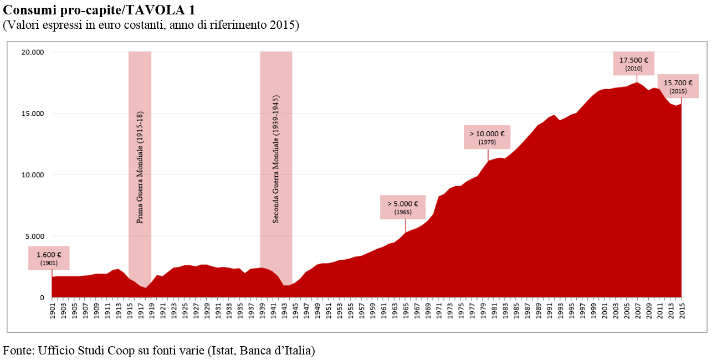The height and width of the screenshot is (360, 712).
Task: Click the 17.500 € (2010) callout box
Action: tap(633, 64)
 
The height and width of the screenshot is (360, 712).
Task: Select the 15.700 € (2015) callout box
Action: tap(678, 86)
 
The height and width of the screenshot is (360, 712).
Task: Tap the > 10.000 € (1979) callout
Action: tap(487, 137)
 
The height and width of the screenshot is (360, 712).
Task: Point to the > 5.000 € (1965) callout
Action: tap(403, 207)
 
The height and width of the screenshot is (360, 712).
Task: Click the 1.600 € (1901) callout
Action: tap(49, 258)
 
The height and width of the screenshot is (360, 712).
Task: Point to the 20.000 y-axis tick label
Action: tap(33, 52)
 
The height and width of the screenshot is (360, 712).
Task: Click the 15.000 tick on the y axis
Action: tap(33, 114)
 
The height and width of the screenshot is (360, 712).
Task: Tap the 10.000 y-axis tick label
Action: tap(33, 175)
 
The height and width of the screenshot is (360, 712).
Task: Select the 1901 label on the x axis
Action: tap(53, 311)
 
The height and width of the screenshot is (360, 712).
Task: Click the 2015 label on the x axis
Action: tap(681, 311)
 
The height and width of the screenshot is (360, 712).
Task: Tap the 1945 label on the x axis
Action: tap(295, 311)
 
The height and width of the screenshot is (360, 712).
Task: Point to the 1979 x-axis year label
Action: tap(483, 311)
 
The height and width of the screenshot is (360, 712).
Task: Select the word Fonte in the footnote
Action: tap(17, 350)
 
